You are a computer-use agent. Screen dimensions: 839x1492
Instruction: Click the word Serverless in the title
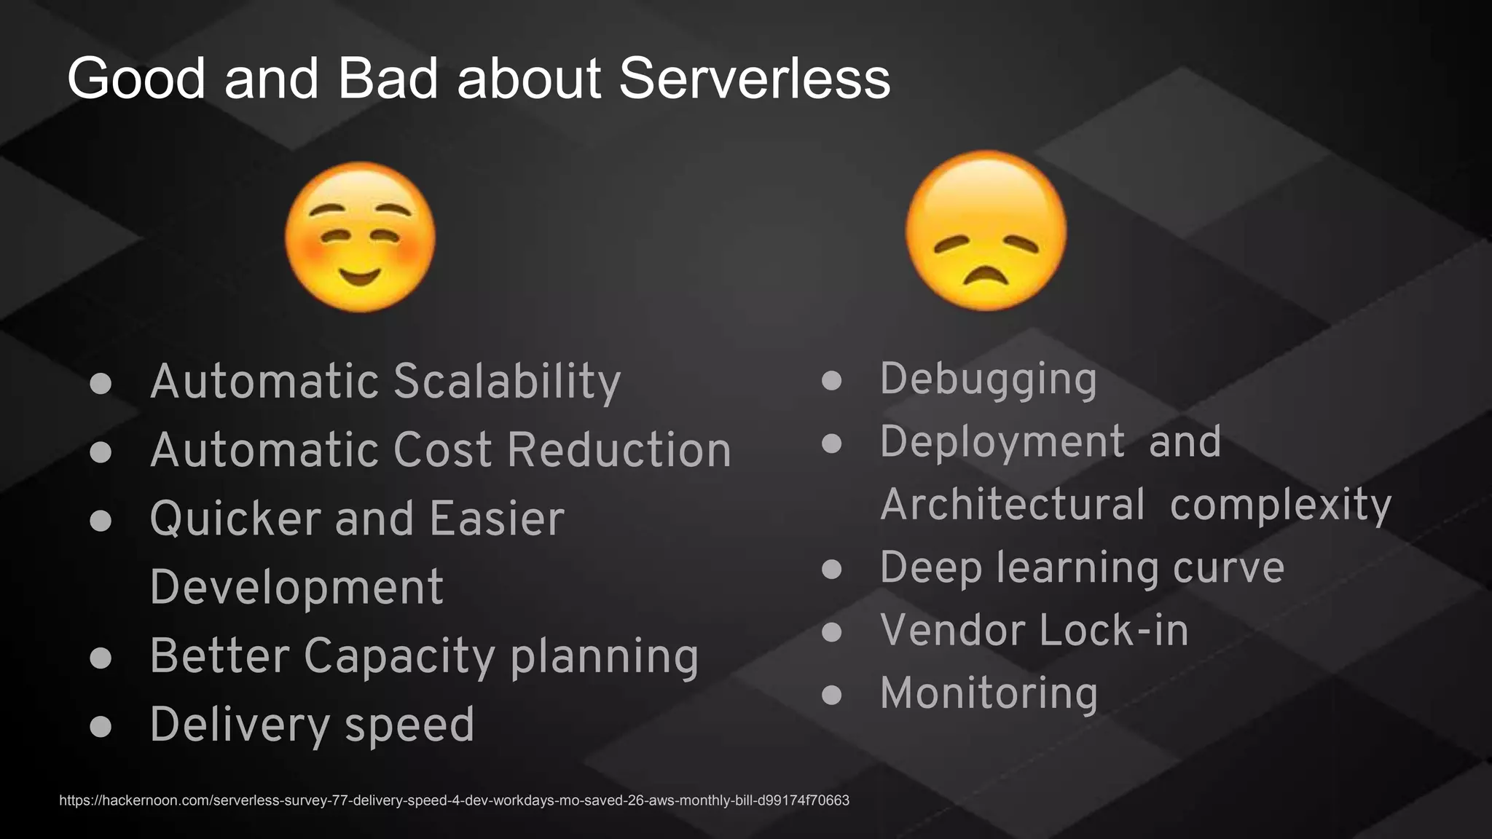click(x=755, y=79)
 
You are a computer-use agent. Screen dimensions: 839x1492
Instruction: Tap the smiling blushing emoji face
click(x=360, y=237)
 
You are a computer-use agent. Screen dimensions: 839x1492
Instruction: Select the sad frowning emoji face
click(x=986, y=231)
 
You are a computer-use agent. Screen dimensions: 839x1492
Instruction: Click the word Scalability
click(x=507, y=382)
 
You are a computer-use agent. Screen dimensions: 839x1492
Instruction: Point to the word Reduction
click(x=619, y=449)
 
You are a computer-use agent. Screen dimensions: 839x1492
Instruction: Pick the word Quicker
click(x=235, y=519)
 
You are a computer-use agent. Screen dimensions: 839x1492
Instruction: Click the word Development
click(x=297, y=587)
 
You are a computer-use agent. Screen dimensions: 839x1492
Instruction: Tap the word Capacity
click(x=400, y=656)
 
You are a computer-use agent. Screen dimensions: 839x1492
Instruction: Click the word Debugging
click(x=988, y=379)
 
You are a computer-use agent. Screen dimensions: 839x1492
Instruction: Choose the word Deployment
click(x=1002, y=442)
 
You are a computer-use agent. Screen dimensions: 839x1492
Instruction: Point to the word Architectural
click(x=1013, y=505)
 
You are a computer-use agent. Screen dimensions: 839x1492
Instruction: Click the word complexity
click(x=1281, y=505)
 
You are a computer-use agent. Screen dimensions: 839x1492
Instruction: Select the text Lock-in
click(x=1114, y=631)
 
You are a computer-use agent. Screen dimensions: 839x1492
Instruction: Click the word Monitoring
click(x=989, y=693)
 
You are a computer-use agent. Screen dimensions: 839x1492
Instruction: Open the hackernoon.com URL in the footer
click(x=454, y=800)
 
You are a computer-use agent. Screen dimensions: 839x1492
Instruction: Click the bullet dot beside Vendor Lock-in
click(x=831, y=631)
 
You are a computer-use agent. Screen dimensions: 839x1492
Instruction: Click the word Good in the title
click(x=136, y=79)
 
